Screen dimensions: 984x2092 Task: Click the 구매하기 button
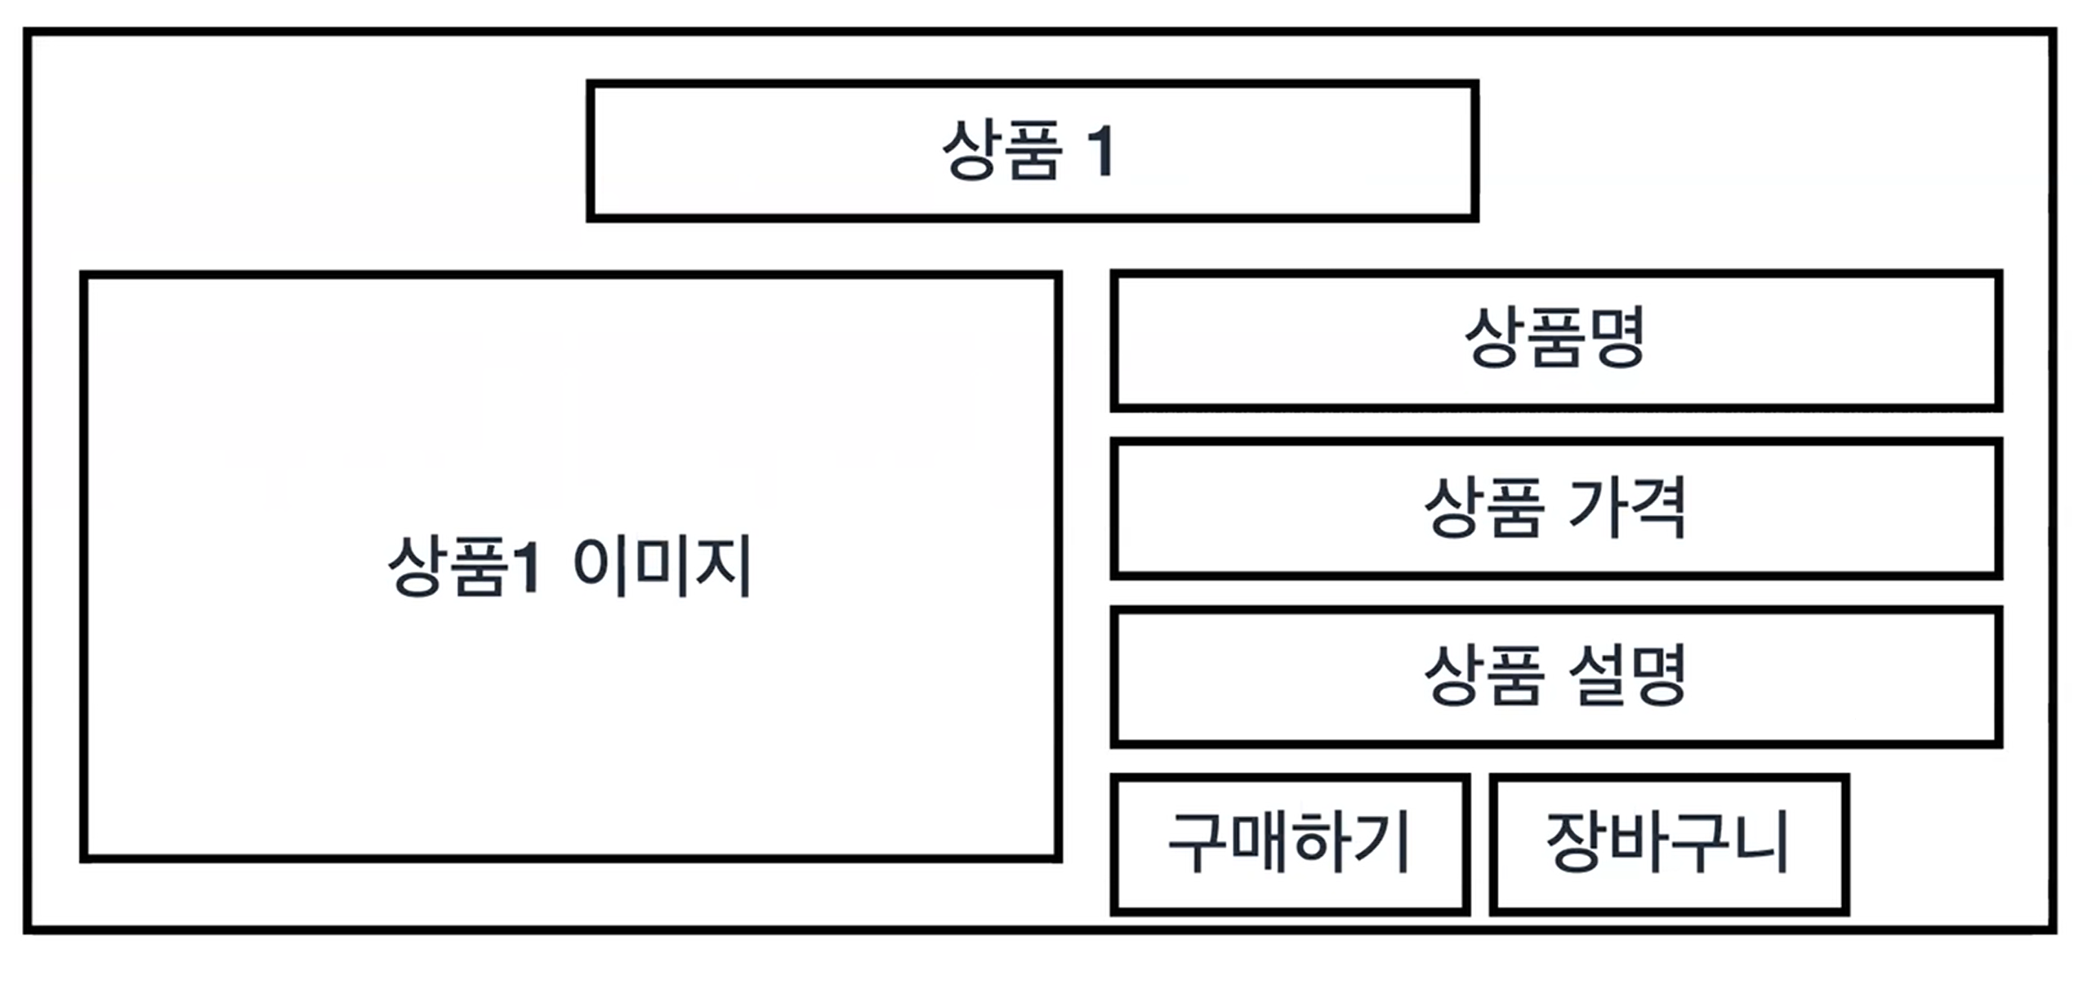tap(1289, 844)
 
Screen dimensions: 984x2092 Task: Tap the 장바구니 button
tap(1668, 844)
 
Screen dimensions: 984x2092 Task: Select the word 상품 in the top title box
tap(1002, 150)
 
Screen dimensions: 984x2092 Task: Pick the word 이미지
tap(662, 566)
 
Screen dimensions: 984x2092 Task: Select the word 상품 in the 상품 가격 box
tap(1483, 508)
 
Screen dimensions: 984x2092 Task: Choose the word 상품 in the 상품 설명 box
tap(1483, 676)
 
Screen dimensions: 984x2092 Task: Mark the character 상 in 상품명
tap(1494, 338)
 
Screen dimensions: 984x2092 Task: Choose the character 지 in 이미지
tap(723, 566)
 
